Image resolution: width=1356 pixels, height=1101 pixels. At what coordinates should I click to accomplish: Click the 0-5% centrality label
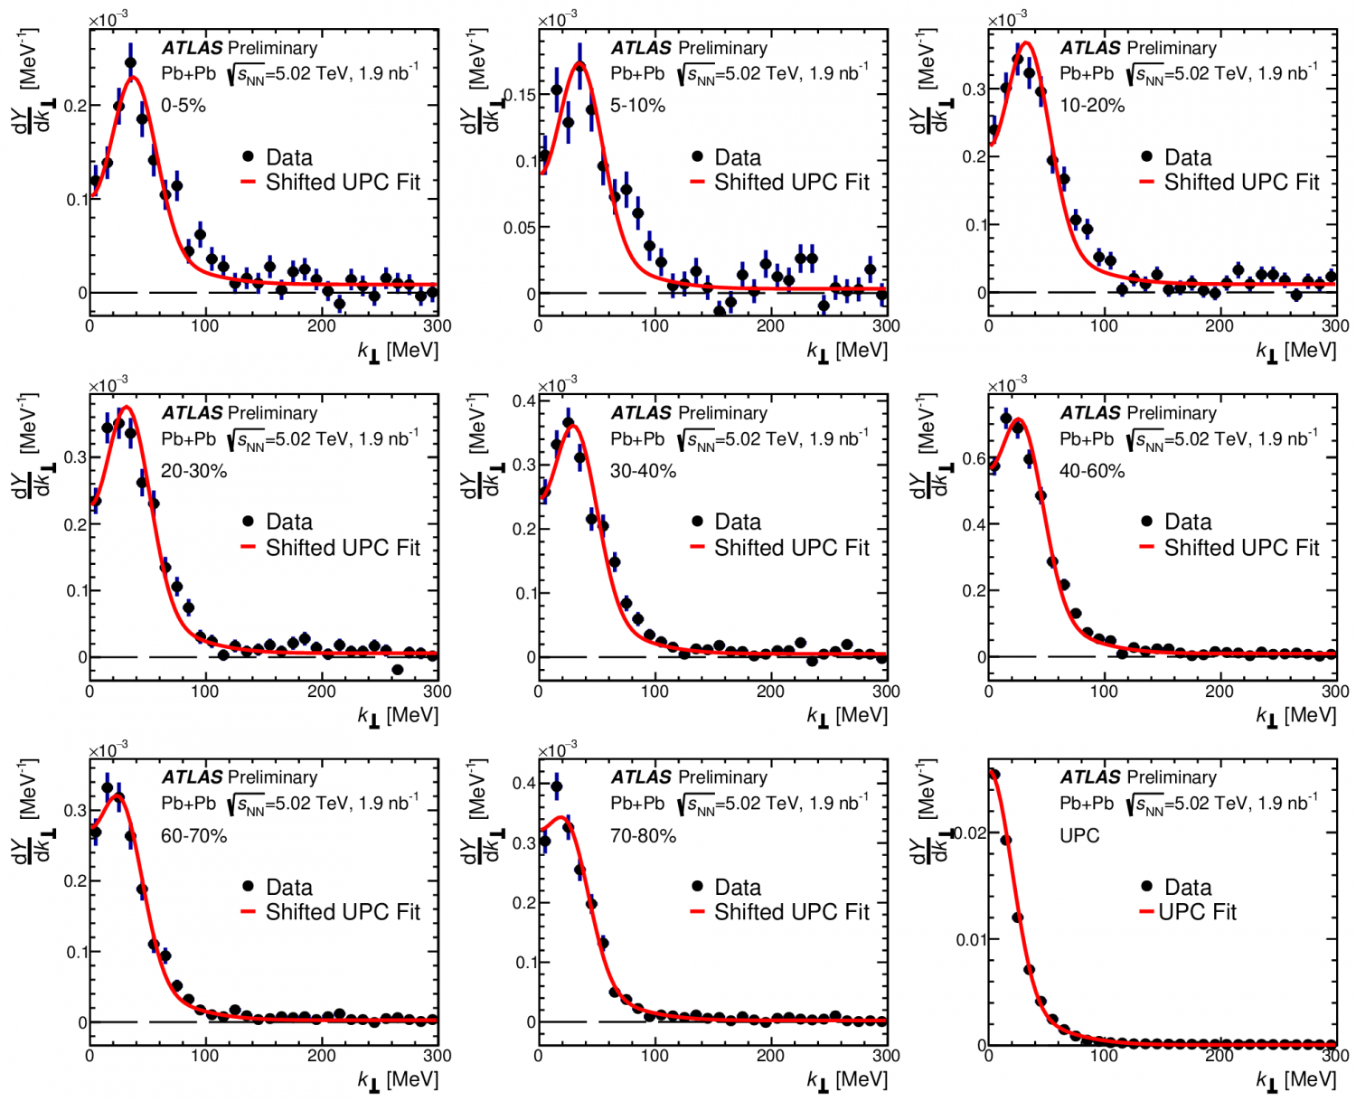[184, 106]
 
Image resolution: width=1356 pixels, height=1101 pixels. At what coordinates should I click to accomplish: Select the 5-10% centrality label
[637, 106]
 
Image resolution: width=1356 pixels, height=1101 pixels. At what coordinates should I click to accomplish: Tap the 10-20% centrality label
[1092, 106]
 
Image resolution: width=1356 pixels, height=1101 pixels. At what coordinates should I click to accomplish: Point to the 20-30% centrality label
[193, 471]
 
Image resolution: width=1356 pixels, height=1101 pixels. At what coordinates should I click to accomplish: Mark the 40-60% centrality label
[1092, 471]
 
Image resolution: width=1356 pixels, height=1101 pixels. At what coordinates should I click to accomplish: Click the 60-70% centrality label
[193, 836]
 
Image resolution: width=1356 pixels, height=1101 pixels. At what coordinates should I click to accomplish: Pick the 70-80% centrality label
[643, 836]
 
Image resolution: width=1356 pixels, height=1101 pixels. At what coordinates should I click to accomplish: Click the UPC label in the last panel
[1079, 836]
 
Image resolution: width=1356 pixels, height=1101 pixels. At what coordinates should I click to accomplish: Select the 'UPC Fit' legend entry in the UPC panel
[1197, 912]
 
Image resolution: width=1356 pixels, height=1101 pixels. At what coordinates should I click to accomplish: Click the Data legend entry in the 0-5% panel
[288, 157]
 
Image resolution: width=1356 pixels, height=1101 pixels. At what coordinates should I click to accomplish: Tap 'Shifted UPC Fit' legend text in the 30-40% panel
[792, 548]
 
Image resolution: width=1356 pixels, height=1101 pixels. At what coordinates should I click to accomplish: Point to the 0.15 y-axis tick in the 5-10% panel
[520, 95]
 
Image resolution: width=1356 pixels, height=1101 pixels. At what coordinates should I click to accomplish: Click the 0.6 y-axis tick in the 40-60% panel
[974, 458]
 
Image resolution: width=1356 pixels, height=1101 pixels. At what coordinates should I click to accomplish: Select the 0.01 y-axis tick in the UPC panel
[971, 939]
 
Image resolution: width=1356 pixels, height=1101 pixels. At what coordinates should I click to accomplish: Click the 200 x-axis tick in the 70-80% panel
[770, 1055]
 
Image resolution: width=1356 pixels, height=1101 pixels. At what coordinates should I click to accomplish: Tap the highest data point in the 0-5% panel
[130, 63]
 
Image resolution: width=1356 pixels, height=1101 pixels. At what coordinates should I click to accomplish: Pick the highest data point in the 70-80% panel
[556, 786]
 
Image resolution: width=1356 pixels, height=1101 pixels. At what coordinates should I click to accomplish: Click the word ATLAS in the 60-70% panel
[192, 777]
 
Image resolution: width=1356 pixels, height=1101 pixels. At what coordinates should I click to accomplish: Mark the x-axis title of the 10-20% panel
[1295, 351]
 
